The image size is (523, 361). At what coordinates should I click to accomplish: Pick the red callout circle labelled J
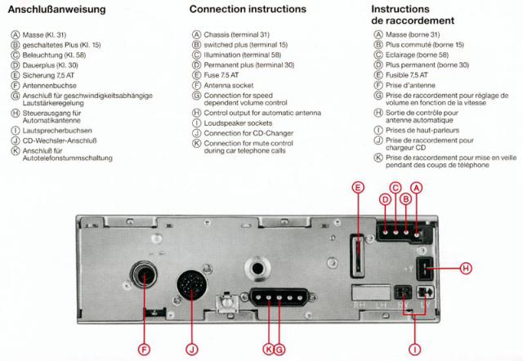pos(192,350)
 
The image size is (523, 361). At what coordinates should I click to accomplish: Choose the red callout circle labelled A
pos(417,187)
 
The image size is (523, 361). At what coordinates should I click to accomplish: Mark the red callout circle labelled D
pos(386,199)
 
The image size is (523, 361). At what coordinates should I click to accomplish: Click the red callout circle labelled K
pos(268,350)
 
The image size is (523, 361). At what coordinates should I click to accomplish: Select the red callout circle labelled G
pos(279,350)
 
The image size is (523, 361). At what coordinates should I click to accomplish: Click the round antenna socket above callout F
pos(145,277)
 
